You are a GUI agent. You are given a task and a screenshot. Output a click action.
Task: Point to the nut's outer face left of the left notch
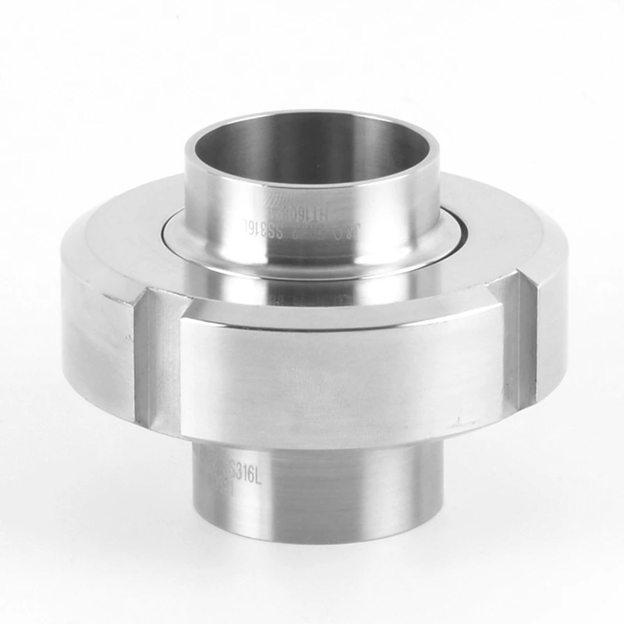point(97,328)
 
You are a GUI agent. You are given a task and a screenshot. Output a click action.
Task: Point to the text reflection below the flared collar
point(312,292)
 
